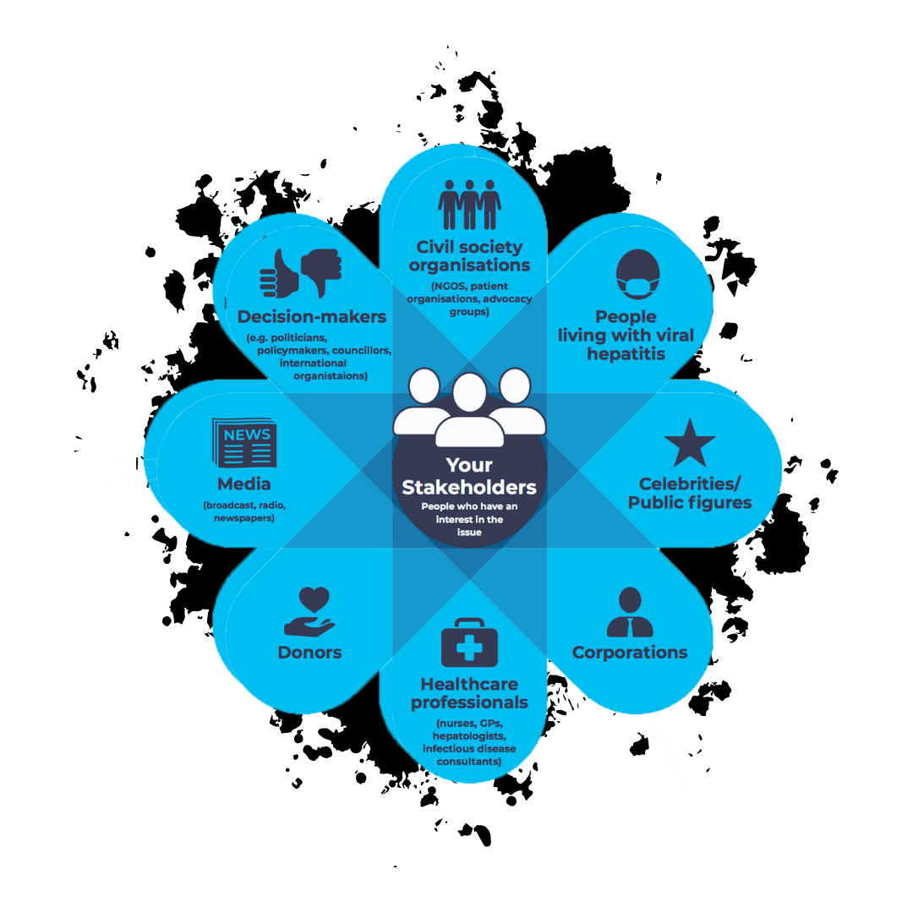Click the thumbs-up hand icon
coord(281,273)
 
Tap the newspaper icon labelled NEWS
coord(243,443)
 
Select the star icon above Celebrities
coord(690,442)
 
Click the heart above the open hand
coord(314,599)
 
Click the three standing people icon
coord(469,205)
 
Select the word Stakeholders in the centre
coord(469,488)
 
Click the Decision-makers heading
coord(311,317)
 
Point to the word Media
coord(243,484)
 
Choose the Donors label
coord(309,653)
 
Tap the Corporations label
coord(630,653)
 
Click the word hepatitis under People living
coord(626,354)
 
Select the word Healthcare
coord(469,684)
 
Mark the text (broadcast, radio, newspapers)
coord(243,511)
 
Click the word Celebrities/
coord(690,484)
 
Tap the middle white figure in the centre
coord(469,410)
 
